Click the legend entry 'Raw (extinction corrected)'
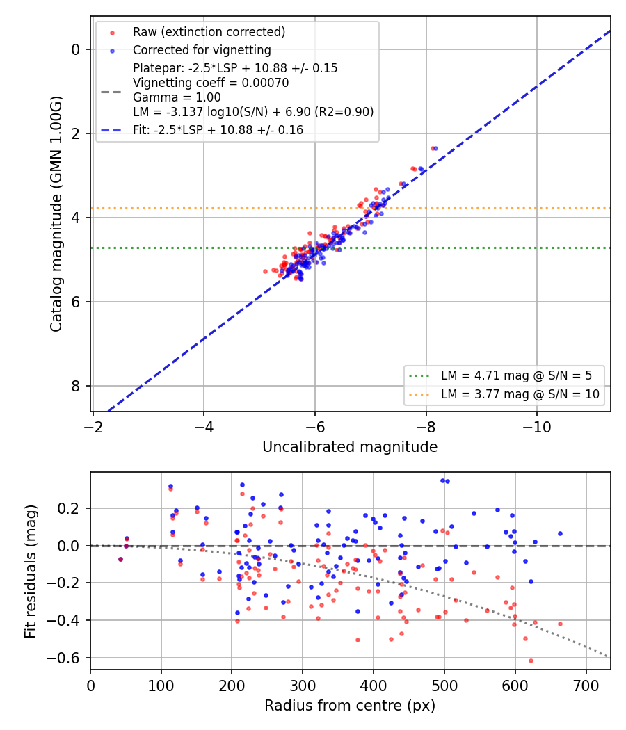pos(209,32)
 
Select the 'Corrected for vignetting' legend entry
pos(202,50)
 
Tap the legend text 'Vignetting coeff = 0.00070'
pos(211,83)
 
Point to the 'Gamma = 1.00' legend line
pos(177,98)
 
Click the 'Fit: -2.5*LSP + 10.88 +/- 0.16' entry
pos(218,130)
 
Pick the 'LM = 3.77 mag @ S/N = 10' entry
pos(520,395)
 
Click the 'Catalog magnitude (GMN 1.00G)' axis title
pos(56,214)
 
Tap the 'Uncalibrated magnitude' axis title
pos(350,447)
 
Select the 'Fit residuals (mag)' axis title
pos(31,571)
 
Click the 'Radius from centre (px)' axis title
pos(350,706)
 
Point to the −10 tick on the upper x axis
pos(536,428)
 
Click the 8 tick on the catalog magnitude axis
pos(75,386)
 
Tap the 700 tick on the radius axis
pos(586,686)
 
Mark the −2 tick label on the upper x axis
pos(93,428)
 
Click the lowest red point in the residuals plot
pos(531,661)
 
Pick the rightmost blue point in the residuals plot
pos(561,534)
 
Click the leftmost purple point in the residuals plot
pos(120,560)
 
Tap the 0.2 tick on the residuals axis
pos(68,508)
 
